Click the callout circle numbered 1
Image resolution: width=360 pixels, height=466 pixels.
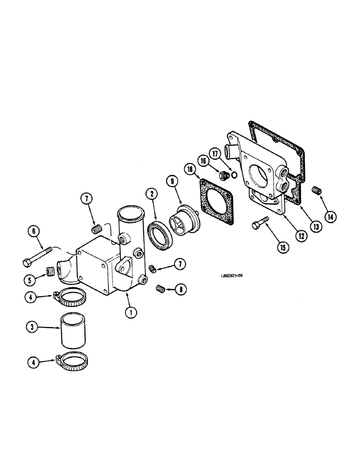click(131, 313)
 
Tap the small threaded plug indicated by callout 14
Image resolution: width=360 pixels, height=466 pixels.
click(317, 190)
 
